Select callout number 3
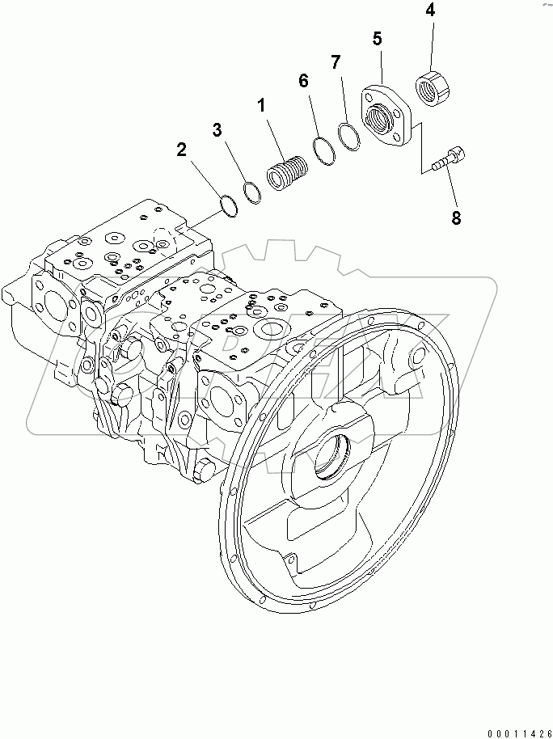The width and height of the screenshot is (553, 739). tap(217, 129)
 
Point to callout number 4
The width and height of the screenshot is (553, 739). tap(429, 11)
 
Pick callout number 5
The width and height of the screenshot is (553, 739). tap(377, 38)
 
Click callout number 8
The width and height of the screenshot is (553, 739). tap(456, 217)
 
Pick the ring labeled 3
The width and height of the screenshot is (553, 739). tap(252, 191)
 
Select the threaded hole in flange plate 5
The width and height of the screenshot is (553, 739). tap(382, 119)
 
